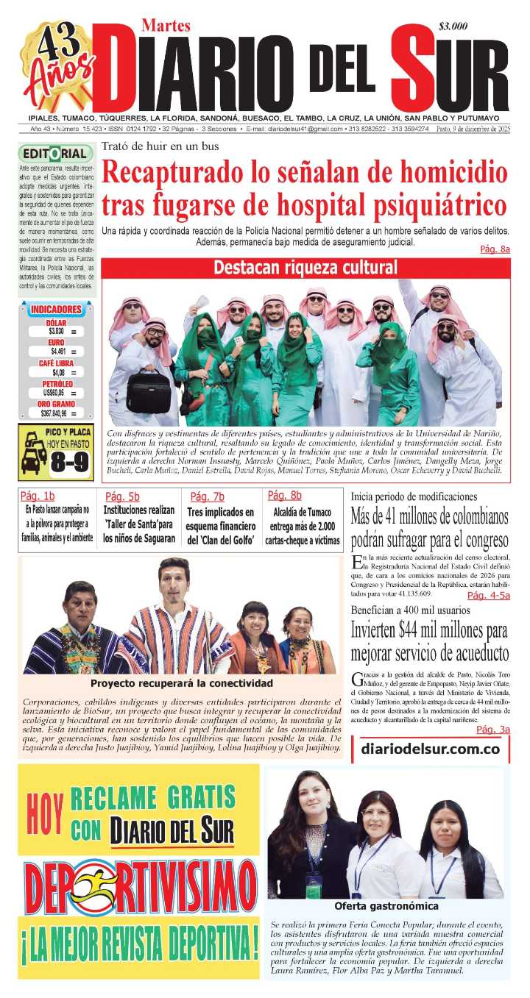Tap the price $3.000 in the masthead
pos(453,26)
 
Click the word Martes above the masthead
pos(166,26)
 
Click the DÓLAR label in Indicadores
pos(56,323)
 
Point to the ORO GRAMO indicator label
pos(56,404)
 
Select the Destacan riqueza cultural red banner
pos(305,268)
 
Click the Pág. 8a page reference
pos(495,250)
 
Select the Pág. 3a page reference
pos(493,730)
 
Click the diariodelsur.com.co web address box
pos(431,749)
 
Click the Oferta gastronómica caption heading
pos(386,906)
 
